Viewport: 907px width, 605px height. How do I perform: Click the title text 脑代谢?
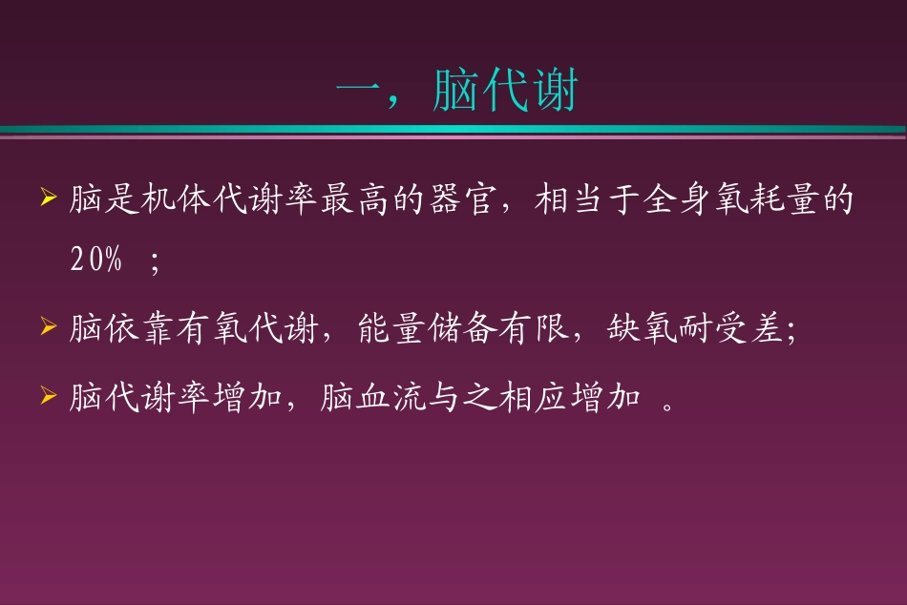pos(506,92)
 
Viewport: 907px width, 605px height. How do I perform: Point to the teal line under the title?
pos(453,129)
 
